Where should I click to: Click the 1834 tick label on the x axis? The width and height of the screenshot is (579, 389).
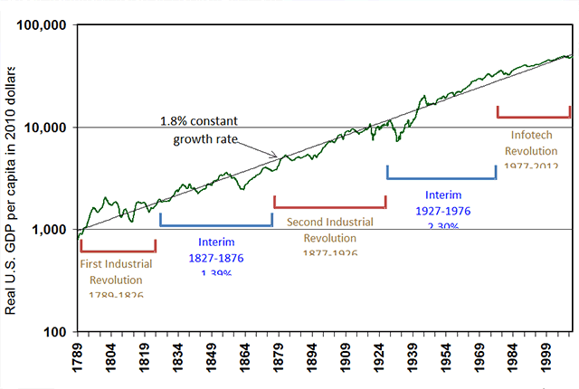177,357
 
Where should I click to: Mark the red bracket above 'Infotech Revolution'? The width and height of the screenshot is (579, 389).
534,116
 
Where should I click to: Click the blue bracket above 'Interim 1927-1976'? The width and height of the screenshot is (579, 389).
441,177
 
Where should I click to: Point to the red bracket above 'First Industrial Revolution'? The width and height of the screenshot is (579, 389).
118,250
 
